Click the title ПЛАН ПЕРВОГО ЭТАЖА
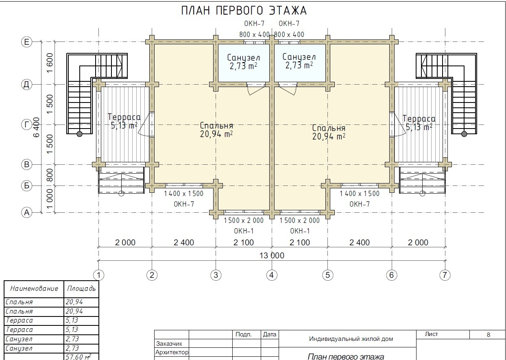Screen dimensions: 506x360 (244, 11)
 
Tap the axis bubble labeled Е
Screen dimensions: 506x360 (27, 42)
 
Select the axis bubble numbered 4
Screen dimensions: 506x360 (272, 275)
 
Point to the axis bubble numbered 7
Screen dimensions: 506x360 (445, 275)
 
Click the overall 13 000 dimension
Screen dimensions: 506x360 (272, 255)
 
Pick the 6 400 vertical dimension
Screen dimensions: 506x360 (36, 127)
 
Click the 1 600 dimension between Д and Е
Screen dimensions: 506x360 (50, 63)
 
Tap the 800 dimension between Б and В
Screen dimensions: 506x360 (50, 175)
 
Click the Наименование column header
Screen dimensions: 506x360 (34, 289)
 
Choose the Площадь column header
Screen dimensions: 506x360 (81, 289)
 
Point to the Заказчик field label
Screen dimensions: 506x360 (169, 344)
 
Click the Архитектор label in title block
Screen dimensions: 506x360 (172, 352)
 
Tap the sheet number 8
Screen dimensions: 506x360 (489, 335)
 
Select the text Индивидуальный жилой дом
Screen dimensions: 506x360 (351, 339)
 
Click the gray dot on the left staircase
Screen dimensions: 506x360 (79, 134)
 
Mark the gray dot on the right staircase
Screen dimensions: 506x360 (464, 134)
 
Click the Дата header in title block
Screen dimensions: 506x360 (270, 334)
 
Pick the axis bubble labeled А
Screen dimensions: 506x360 (27, 213)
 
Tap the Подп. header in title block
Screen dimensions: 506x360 (244, 334)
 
